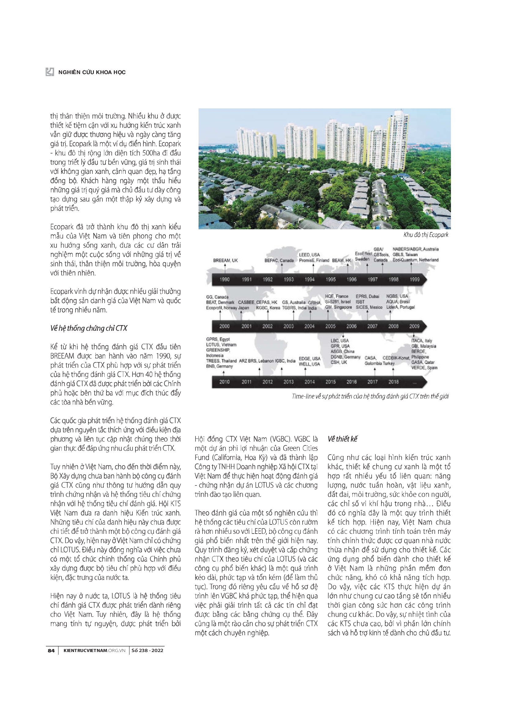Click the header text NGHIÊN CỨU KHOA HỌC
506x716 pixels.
(92, 72)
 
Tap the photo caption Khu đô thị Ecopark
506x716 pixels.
(426, 235)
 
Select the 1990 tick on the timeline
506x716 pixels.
(224, 279)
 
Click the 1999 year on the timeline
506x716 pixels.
(415, 279)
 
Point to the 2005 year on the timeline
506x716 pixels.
(330, 326)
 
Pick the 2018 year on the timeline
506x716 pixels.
(393, 382)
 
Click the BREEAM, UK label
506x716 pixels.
(225, 261)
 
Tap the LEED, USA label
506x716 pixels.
(309, 255)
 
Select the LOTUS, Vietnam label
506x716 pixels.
(221, 345)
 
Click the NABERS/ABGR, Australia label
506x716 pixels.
(415, 249)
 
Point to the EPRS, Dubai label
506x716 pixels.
(367, 296)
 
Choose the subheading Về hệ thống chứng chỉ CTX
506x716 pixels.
(89, 328)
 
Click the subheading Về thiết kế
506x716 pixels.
(342, 439)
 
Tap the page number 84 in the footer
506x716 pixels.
(51, 650)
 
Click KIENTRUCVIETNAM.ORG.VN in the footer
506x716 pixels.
(94, 650)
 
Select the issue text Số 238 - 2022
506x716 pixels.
(147, 650)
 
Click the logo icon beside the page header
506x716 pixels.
(50, 72)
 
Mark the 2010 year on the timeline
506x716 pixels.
(224, 382)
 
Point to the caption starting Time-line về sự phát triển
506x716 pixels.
(370, 396)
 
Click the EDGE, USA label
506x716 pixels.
(309, 359)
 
